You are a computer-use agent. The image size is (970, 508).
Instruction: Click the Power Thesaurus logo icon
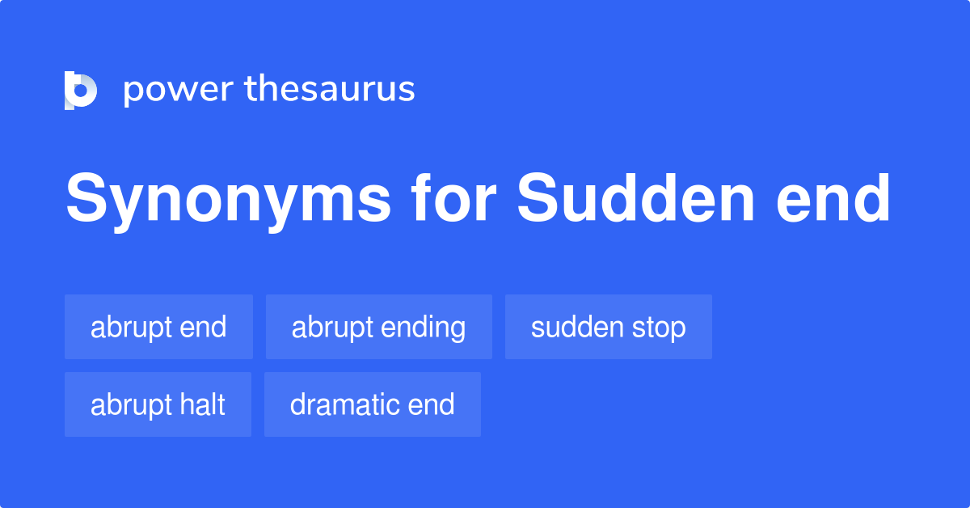click(81, 90)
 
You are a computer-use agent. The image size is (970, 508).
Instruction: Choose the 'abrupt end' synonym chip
click(158, 327)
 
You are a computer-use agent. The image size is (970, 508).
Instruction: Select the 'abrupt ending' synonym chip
click(378, 327)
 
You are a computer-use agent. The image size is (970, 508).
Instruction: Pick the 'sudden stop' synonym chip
click(608, 327)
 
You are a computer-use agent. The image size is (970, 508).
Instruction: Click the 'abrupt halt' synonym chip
click(158, 404)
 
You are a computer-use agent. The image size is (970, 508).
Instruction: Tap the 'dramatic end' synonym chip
click(372, 404)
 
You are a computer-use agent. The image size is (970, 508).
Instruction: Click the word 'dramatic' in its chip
click(342, 404)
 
